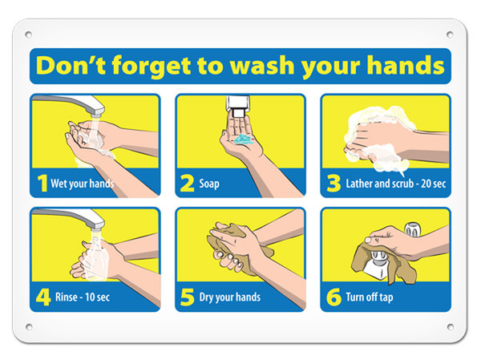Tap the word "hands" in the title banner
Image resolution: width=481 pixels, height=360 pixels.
[x=406, y=65]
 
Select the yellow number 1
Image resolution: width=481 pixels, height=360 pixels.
[x=42, y=184]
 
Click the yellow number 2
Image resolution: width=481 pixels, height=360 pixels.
[x=187, y=184]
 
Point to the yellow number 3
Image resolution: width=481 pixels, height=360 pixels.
[x=333, y=184]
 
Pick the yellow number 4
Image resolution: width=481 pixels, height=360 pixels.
[x=43, y=297]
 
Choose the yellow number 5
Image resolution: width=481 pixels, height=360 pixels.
[x=187, y=297]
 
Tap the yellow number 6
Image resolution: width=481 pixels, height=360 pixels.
[x=333, y=297]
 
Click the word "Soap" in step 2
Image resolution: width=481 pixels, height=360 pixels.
[x=209, y=184]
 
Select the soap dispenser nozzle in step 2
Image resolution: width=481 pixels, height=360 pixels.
[x=238, y=112]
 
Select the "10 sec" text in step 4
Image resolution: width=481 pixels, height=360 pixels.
[x=97, y=297]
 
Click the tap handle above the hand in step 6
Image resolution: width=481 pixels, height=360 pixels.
[x=413, y=229]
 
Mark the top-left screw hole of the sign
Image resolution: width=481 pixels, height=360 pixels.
[x=28, y=34]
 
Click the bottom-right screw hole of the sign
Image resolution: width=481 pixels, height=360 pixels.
[x=451, y=327]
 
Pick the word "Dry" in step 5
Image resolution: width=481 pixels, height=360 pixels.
[x=207, y=297]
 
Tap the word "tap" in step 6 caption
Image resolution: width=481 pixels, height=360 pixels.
[x=386, y=297]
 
